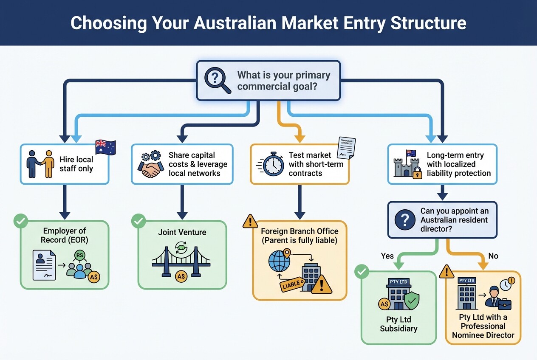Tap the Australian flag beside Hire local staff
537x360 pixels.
[x=106, y=147]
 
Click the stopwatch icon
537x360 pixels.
[x=273, y=164]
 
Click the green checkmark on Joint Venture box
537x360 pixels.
[x=138, y=221]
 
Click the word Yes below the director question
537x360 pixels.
[x=387, y=256]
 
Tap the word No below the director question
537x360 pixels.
[x=493, y=256]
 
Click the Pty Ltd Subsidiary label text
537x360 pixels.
[x=399, y=324]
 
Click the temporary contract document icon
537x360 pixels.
[x=346, y=148]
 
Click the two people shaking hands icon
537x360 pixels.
[x=40, y=164]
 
